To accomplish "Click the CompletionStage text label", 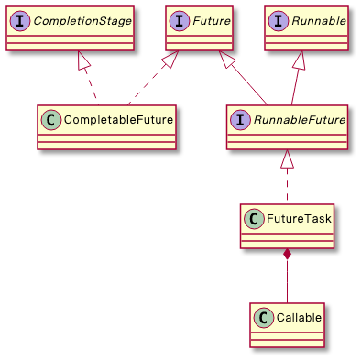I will point(81,19).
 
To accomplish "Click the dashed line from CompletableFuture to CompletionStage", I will point(94,87).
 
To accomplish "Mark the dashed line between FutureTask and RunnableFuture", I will point(287,188).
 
